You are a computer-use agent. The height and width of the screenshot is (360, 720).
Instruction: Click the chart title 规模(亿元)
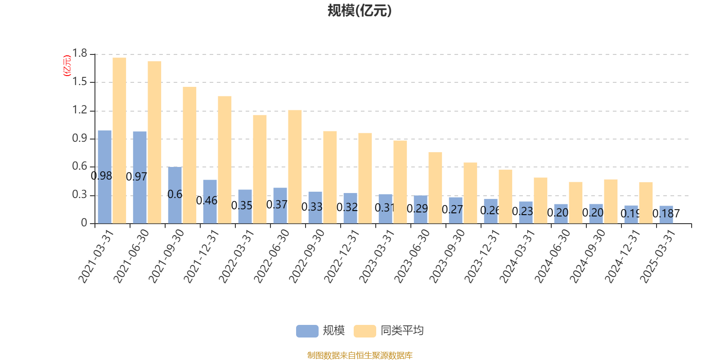tap(360, 11)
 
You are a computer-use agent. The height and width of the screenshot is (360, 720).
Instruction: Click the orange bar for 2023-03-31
tap(400, 182)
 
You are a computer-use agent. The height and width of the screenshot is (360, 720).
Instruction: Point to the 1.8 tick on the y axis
tap(80, 54)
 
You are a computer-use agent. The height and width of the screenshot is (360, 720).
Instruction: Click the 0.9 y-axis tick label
tap(80, 139)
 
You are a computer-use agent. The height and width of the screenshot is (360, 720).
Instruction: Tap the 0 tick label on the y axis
tap(84, 223)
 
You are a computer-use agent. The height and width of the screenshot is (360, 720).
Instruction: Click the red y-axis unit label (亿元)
tap(67, 66)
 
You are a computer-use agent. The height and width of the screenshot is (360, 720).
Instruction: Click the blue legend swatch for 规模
tap(307, 331)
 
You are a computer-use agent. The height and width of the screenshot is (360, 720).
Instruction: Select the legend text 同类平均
tap(402, 331)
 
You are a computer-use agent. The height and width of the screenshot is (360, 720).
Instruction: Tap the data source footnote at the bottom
tap(360, 355)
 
